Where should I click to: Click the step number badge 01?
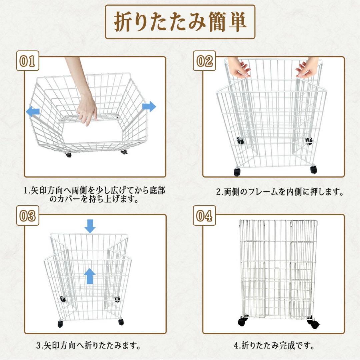point(28,61)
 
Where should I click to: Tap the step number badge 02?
point(204,61)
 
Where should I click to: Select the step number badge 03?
point(28,216)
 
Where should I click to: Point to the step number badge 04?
point(204,216)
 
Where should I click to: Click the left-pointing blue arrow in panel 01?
point(33,112)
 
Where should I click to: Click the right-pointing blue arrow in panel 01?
point(149,107)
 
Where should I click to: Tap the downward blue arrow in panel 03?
point(90,226)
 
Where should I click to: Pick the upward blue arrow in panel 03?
point(90,276)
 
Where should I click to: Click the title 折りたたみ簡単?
point(180,22)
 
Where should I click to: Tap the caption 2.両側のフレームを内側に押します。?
point(280,192)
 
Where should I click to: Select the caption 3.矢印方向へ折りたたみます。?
point(88,346)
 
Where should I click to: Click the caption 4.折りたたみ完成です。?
point(274,346)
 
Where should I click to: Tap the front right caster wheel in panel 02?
point(313,169)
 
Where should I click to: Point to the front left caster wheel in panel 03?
point(60,324)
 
